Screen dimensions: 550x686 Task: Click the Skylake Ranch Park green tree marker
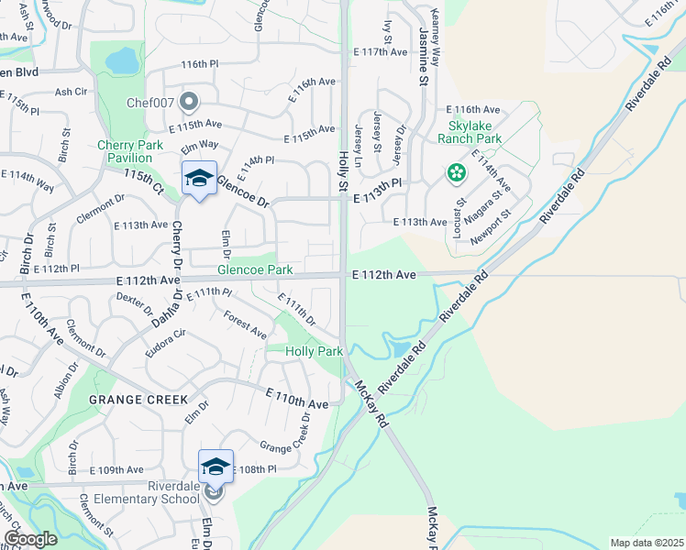(456, 171)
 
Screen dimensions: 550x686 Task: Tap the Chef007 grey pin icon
(190, 101)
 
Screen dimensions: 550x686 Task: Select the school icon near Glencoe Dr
(199, 178)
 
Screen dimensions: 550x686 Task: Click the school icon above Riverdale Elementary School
(216, 467)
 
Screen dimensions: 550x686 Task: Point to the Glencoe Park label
(254, 269)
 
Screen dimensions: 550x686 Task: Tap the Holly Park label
(314, 351)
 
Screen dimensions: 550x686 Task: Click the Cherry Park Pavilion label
(130, 151)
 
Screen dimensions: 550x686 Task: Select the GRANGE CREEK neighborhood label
(138, 400)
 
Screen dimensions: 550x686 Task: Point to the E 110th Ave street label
(297, 399)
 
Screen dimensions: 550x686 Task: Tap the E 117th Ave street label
(384, 52)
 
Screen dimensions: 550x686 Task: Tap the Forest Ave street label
(245, 324)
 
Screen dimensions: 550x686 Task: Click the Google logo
(30, 539)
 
